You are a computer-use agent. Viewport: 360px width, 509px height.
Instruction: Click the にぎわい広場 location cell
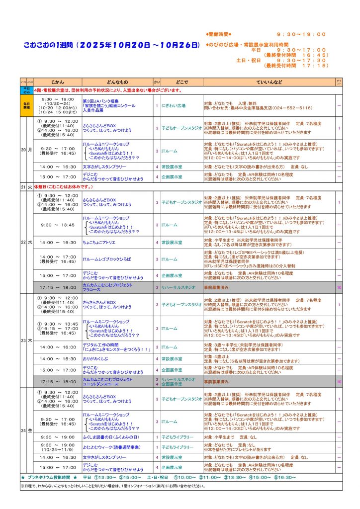pyautogui.click(x=173, y=105)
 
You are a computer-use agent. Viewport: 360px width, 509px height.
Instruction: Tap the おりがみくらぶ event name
pyautogui.click(x=96, y=358)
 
